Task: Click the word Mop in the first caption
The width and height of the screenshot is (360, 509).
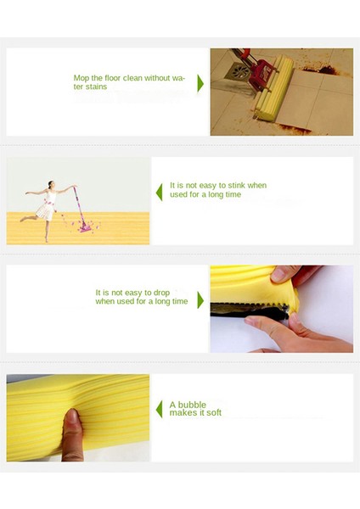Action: click(x=81, y=78)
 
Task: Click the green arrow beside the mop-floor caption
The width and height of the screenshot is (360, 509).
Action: click(x=200, y=83)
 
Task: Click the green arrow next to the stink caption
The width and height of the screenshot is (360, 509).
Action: click(x=159, y=193)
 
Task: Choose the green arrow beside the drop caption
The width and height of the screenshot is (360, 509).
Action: click(x=200, y=299)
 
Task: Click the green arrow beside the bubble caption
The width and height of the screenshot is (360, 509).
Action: click(x=159, y=410)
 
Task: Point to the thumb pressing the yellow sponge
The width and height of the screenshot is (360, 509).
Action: click(x=72, y=428)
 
